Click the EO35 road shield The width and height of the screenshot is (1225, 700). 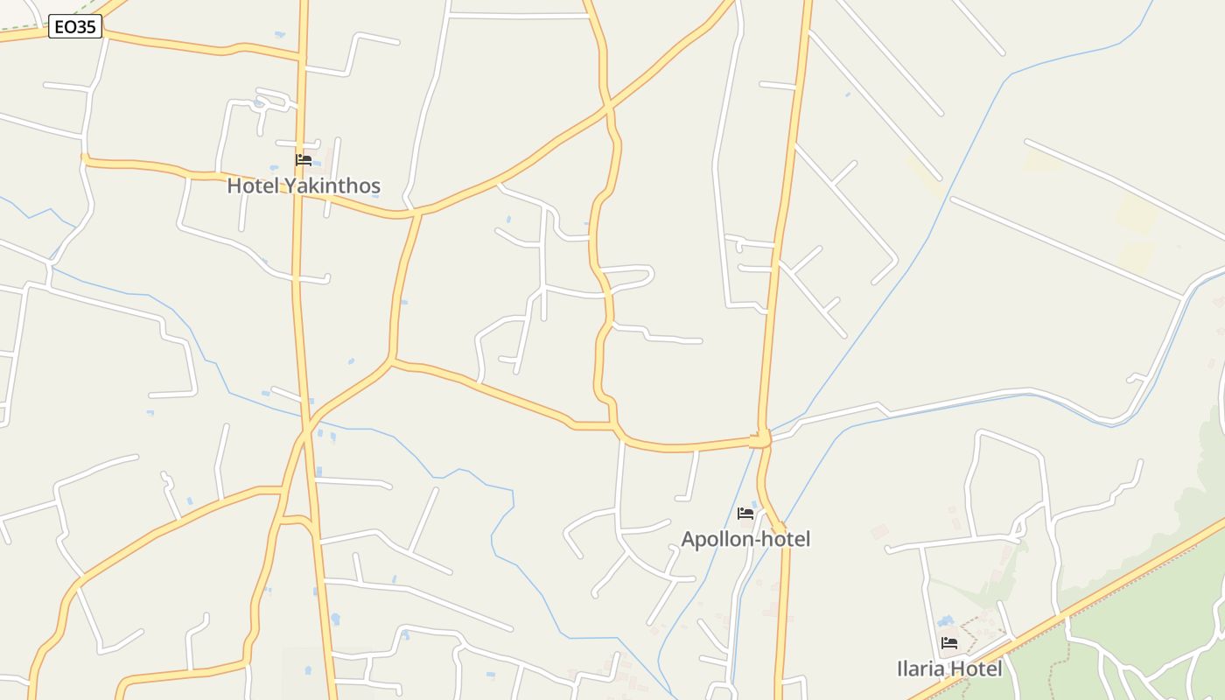coord(75,27)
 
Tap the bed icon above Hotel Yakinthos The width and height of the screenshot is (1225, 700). coord(304,160)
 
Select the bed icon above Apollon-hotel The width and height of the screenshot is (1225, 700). coord(745,514)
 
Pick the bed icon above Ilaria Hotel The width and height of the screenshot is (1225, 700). coord(948,644)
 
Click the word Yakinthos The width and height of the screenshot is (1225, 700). coord(339,185)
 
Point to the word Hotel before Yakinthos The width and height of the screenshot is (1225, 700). coord(252,185)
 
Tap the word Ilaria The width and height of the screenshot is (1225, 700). coord(921,669)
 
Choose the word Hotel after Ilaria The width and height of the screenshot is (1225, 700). coord(976,669)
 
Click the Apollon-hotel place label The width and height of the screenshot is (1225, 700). coord(745,539)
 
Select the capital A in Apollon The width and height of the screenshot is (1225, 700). coord(689,539)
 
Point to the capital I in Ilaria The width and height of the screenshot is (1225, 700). coord(900,669)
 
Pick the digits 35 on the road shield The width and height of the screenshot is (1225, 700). coord(85,27)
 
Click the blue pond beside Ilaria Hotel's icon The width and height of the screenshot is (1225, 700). coord(944,620)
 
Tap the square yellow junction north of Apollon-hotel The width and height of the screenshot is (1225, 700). coord(758,439)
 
